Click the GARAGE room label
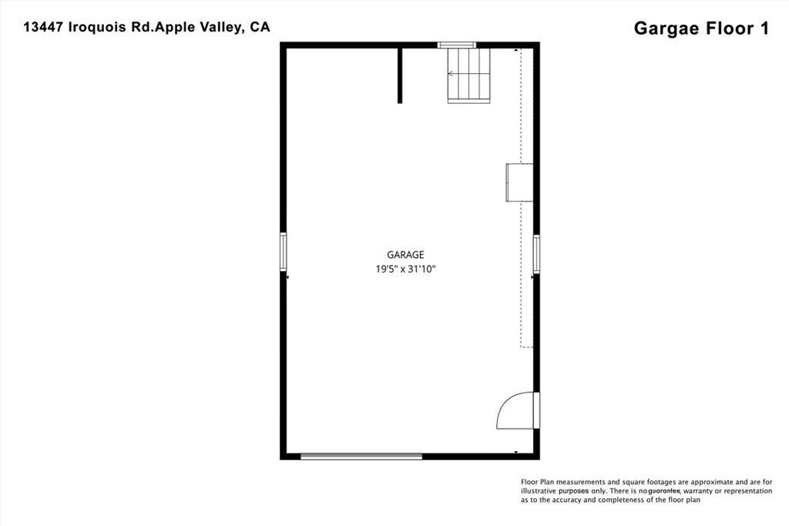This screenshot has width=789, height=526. pyautogui.click(x=405, y=255)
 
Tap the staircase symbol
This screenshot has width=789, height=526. pyautogui.click(x=468, y=75)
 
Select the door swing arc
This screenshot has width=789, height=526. pyautogui.click(x=512, y=410)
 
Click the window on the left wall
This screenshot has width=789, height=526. pyautogui.click(x=284, y=252)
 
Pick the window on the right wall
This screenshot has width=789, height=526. pyautogui.click(x=536, y=254)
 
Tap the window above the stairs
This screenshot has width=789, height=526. pyautogui.click(x=457, y=45)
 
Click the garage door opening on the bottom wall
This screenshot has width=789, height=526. pyautogui.click(x=361, y=456)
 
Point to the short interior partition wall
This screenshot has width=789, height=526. pyautogui.click(x=400, y=75)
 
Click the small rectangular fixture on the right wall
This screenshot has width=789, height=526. pyautogui.click(x=519, y=183)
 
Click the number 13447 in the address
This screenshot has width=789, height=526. pyautogui.click(x=43, y=27)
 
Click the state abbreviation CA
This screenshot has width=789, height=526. pyautogui.click(x=260, y=27)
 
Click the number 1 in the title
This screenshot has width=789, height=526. pyautogui.click(x=764, y=28)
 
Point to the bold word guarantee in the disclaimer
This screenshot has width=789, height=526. pyautogui.click(x=663, y=491)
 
